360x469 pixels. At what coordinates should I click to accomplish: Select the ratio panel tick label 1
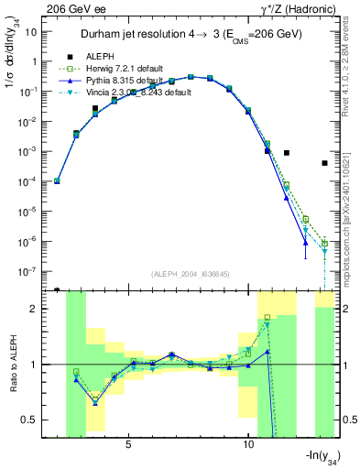point(33,365)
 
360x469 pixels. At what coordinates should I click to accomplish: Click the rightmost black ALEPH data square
point(324,163)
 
